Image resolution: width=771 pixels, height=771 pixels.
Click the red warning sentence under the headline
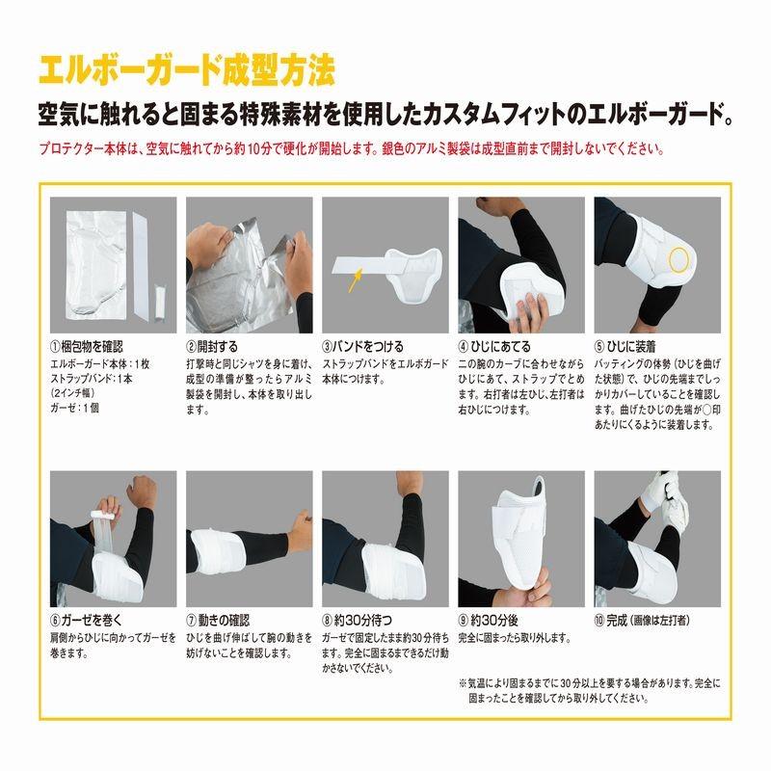(354, 151)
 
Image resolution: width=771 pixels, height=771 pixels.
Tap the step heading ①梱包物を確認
(87, 346)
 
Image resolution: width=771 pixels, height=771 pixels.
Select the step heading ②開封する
(211, 346)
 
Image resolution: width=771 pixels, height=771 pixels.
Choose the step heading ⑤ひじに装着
(632, 346)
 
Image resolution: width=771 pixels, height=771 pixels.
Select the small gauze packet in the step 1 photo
(162, 293)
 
